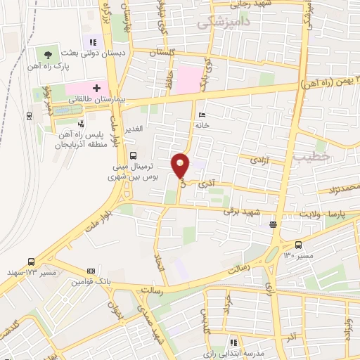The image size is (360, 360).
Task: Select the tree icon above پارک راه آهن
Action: tap(48, 53)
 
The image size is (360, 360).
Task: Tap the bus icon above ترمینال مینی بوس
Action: tap(134, 157)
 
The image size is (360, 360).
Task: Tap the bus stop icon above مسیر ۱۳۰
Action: tap(299, 245)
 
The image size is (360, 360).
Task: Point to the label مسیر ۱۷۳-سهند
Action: tap(31, 271)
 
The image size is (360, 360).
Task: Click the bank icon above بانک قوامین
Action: tap(91, 271)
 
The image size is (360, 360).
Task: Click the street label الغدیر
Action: tap(134, 129)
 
